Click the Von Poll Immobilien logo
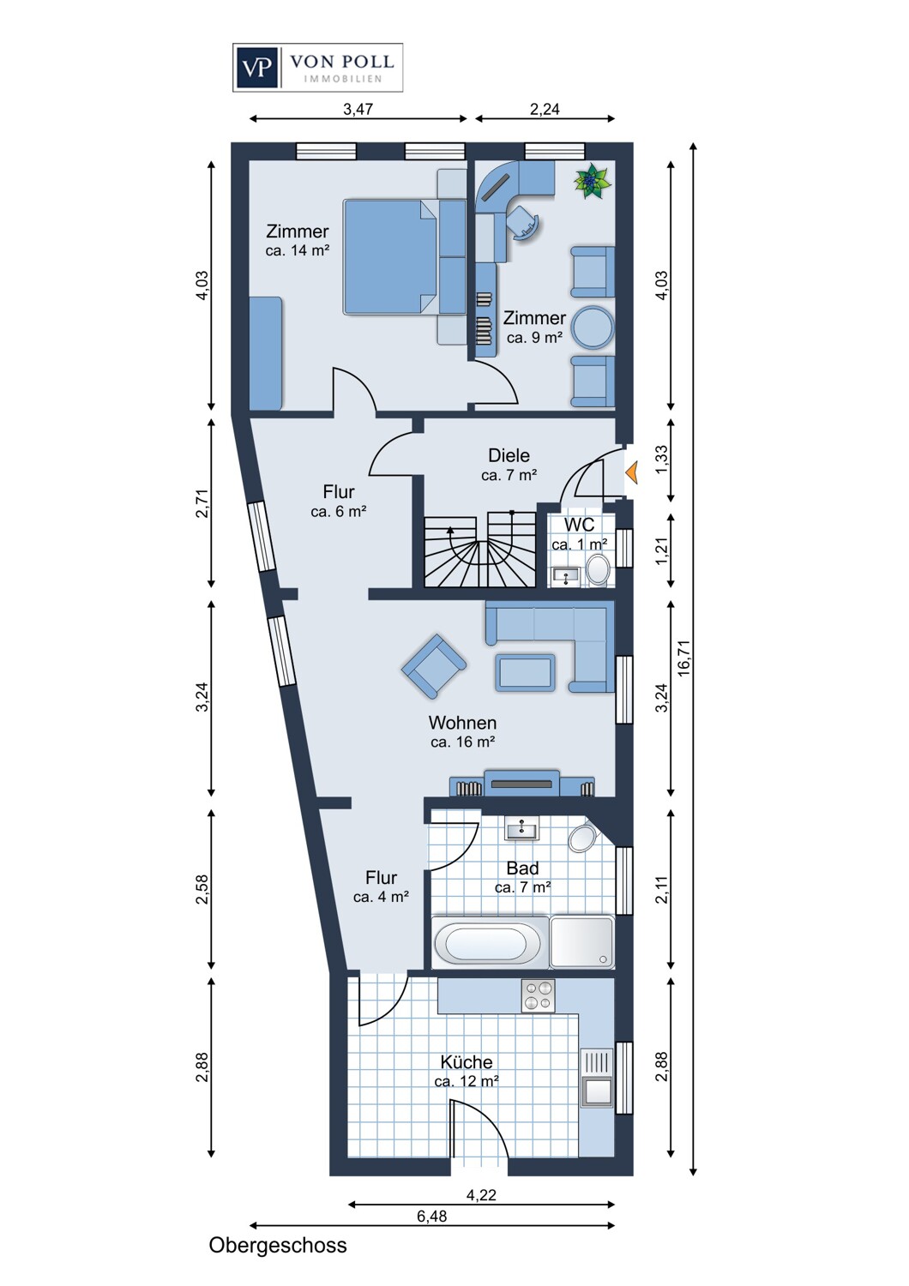pyautogui.click(x=317, y=68)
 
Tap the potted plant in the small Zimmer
pyautogui.click(x=592, y=181)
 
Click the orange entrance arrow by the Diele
pyautogui.click(x=632, y=472)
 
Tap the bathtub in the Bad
pyautogui.click(x=481, y=944)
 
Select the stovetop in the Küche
pyautogui.click(x=538, y=996)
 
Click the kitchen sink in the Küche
pyautogui.click(x=597, y=1090)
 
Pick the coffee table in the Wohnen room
pyautogui.click(x=525, y=672)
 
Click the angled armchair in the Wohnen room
pyautogui.click(x=434, y=666)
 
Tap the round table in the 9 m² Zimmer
pyautogui.click(x=593, y=328)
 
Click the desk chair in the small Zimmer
pyautogui.click(x=524, y=221)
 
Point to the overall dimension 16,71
pyautogui.click(x=684, y=658)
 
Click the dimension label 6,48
pyautogui.click(x=431, y=1216)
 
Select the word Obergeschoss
pyautogui.click(x=278, y=1246)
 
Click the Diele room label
pyautogui.click(x=509, y=455)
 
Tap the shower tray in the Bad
pyautogui.click(x=581, y=942)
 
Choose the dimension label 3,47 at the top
pyautogui.click(x=358, y=109)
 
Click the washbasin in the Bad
pyautogui.click(x=521, y=830)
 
